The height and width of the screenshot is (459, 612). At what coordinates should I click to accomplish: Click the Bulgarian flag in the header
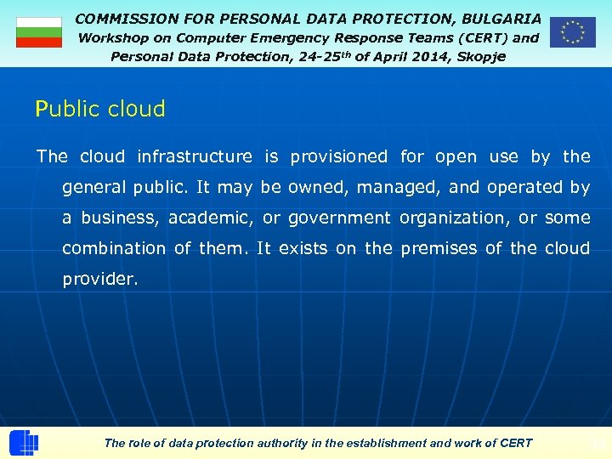[x=39, y=32]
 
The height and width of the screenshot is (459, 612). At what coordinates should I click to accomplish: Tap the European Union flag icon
[x=572, y=32]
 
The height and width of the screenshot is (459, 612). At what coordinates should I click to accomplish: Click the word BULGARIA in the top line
[x=501, y=18]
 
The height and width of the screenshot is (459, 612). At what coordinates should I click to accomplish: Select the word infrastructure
[x=195, y=156]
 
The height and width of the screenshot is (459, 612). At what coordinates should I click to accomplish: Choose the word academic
[x=212, y=218]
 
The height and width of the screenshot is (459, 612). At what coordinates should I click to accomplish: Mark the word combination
[x=115, y=248]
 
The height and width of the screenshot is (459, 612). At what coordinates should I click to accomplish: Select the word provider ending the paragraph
[x=99, y=279]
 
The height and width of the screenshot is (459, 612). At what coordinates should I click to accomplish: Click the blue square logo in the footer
[x=24, y=444]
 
